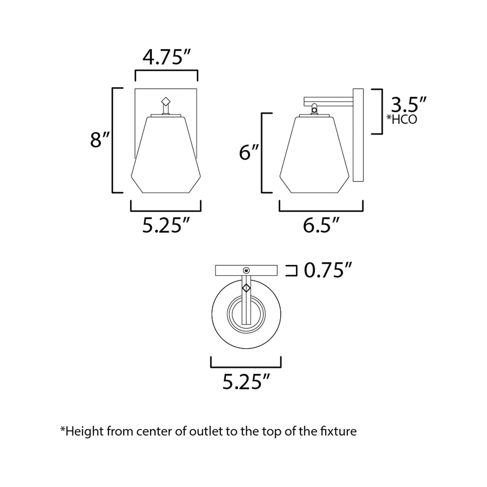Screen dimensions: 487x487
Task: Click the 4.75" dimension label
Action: pos(166,57)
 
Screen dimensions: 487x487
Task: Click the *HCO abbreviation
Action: pos(402,120)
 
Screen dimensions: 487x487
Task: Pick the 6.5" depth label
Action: pos(321,225)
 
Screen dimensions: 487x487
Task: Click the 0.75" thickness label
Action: pos(328,270)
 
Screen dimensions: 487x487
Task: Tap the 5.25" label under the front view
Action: pos(166,225)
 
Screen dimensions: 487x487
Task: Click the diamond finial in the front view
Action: pos(166,101)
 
